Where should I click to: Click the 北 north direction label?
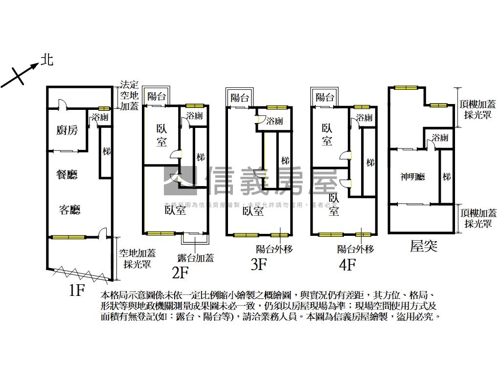(47, 60)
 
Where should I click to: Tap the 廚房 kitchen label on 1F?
(67, 130)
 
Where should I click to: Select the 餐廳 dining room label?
(67, 174)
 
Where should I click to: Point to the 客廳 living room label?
(69, 210)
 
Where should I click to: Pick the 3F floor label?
(258, 265)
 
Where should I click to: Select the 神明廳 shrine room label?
(412, 177)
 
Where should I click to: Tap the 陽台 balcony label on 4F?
(325, 97)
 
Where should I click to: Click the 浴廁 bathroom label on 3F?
(274, 121)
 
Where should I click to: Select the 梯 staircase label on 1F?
(106, 152)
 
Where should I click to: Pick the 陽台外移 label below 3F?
(274, 249)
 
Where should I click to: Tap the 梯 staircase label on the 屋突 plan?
(446, 177)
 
